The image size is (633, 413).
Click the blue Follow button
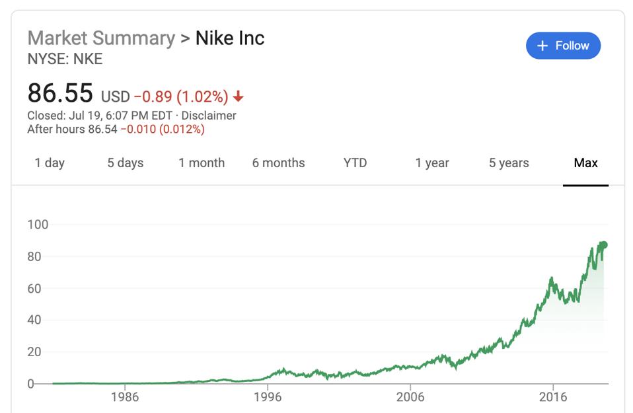563,46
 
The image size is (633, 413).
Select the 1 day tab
50,163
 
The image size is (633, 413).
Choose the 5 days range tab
125,163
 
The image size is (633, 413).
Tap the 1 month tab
202,163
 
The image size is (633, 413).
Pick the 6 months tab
278,163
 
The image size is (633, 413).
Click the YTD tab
355,163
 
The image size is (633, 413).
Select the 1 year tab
432,163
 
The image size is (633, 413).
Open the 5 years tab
509,163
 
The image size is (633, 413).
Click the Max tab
585,163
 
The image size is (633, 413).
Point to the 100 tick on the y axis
38,225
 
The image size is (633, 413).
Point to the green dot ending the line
603,245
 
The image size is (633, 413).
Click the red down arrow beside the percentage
239,97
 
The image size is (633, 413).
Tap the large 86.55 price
60,94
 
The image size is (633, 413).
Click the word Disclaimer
209,116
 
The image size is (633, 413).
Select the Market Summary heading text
101,38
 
